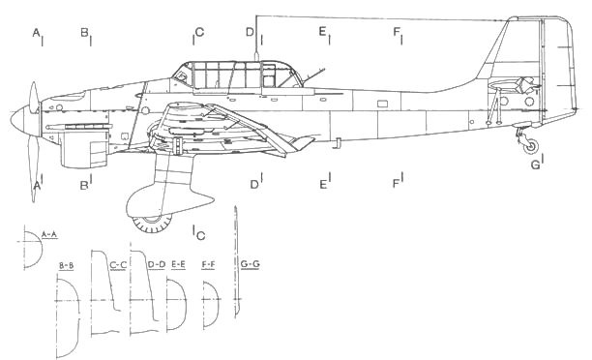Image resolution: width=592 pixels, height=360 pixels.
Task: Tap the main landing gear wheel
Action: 148,223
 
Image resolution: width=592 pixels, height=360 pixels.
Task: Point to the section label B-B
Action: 68,264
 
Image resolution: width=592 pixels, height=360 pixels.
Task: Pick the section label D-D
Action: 156,264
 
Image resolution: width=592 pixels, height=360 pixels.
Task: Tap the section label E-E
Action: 180,264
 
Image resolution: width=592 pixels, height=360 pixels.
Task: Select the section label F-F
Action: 208,264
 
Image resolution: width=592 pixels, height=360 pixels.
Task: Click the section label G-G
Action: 250,264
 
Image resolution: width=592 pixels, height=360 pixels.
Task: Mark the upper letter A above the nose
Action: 36,34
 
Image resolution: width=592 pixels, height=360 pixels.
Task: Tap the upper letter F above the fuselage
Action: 397,33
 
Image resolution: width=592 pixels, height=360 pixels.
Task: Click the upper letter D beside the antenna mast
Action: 250,33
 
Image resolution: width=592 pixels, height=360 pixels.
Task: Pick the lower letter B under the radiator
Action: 84,184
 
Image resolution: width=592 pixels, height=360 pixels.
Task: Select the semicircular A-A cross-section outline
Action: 32,255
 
